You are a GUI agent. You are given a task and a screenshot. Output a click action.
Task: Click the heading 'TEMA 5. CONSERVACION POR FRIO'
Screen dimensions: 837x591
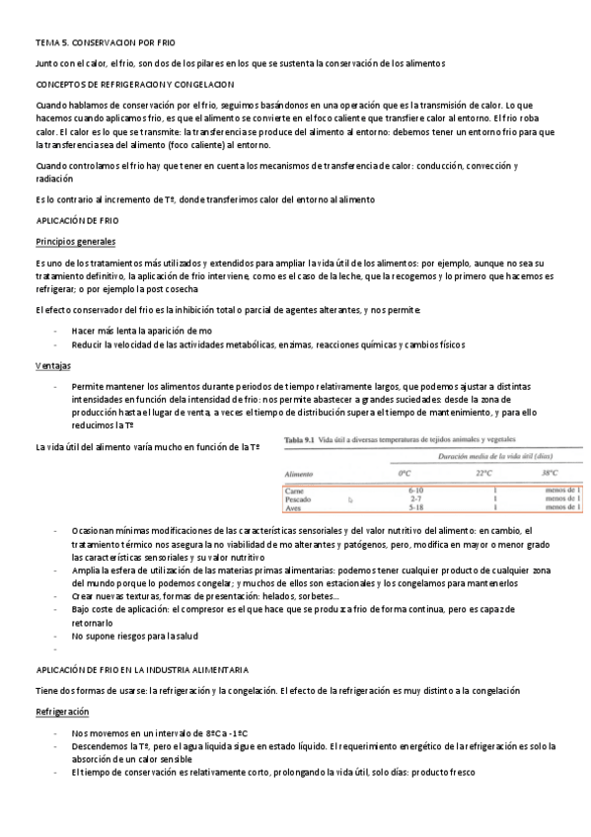pos(104,43)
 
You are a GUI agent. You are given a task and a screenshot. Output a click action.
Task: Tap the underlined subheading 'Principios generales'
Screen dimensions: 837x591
pos(75,242)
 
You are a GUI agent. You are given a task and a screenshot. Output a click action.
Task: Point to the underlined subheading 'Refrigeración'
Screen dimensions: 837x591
pos(62,711)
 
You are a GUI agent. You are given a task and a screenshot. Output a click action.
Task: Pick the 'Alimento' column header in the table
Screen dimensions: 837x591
pos(300,474)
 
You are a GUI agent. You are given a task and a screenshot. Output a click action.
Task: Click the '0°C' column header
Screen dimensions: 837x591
pos(404,474)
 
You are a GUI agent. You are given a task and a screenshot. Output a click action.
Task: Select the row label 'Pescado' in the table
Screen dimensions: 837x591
pos(299,499)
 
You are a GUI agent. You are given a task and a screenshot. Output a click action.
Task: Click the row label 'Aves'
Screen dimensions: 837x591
pos(293,508)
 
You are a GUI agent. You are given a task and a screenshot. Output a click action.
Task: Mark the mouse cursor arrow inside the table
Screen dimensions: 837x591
pos(350,500)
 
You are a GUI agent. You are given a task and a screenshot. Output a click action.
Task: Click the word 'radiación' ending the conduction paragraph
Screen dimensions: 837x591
pos(54,180)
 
